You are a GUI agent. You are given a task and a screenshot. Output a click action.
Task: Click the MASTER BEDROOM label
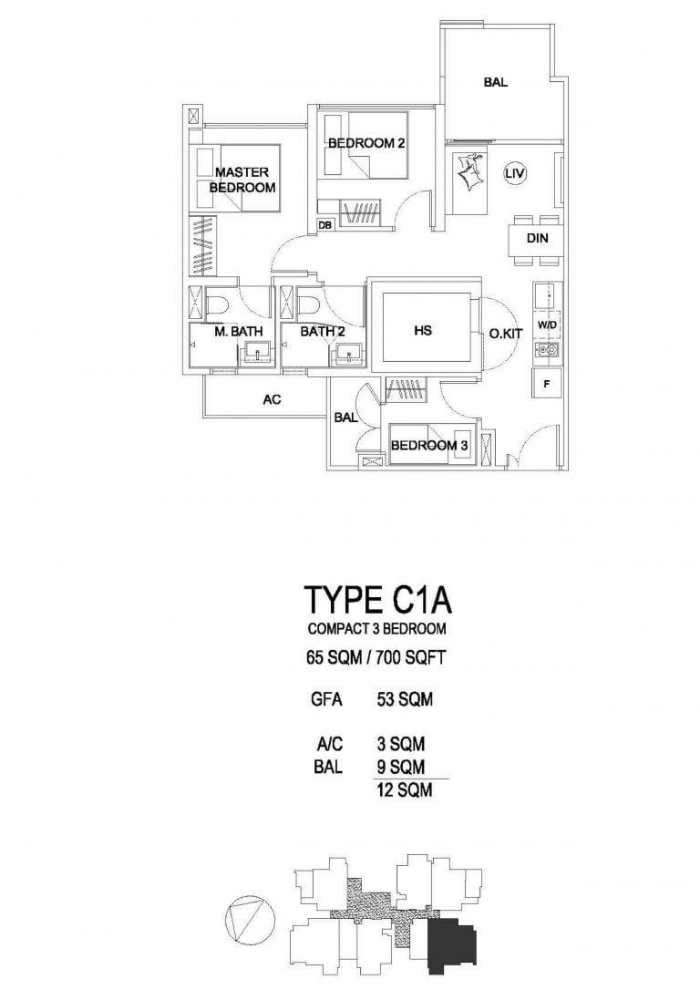242,180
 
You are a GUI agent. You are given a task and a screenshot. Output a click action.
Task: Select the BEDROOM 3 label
429,446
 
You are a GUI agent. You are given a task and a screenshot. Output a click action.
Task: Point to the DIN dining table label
537,240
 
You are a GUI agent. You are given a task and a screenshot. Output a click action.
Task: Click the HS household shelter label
422,331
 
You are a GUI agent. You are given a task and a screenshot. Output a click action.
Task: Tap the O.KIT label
506,335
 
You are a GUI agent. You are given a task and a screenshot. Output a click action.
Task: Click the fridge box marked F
547,384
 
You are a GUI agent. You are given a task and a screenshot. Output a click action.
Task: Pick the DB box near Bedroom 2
324,224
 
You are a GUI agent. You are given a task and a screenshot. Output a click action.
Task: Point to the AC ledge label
271,398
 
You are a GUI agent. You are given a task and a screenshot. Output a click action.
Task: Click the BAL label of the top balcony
496,83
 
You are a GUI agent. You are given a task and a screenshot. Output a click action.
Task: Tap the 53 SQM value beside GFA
404,701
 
